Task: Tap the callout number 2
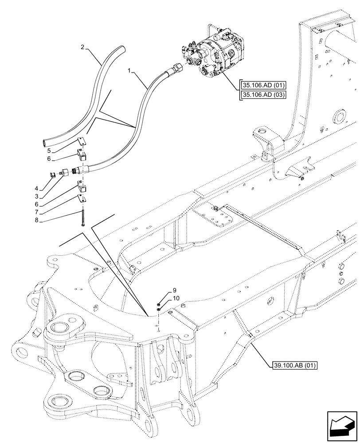(82, 47)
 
